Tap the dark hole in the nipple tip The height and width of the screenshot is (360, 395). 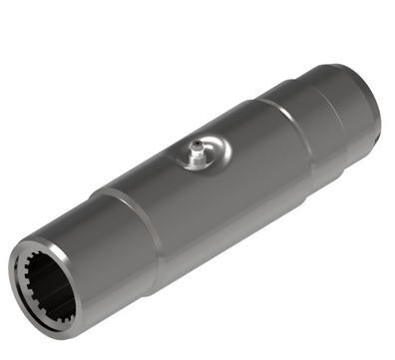(197, 147)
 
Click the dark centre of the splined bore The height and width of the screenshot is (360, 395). (47, 285)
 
